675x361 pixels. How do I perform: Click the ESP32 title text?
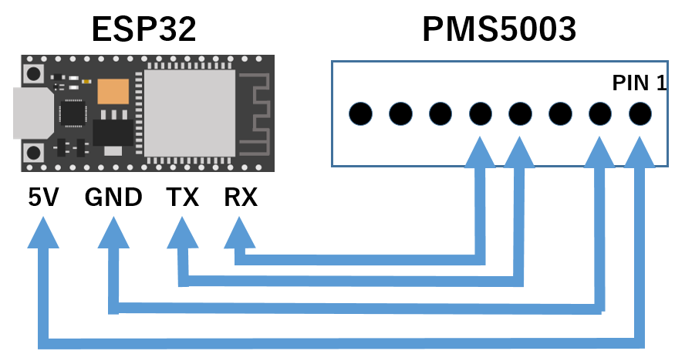143,29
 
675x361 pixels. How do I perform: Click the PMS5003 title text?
499,29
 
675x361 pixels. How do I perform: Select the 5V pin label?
43,198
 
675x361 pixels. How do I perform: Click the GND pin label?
113,198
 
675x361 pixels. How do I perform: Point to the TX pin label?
183,198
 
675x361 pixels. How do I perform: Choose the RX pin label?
241,198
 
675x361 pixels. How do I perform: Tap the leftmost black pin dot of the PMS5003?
360,114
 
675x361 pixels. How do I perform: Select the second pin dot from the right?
599,114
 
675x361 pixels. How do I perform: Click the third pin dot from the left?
440,114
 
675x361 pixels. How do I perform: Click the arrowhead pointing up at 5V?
43,233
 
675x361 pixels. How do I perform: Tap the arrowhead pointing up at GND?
113,233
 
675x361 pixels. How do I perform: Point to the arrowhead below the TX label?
182,233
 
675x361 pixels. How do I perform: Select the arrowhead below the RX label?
240,233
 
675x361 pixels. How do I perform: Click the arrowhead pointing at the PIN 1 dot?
640,153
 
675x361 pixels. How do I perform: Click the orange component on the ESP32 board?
113,92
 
